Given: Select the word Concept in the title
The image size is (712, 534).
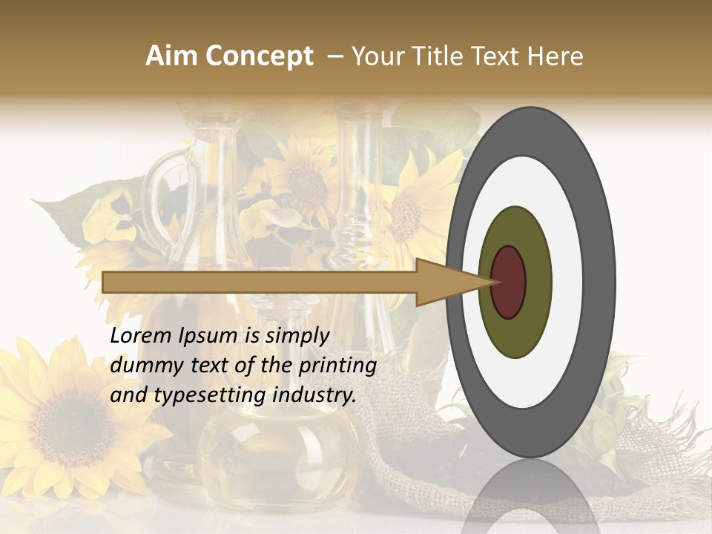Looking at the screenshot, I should [x=260, y=57].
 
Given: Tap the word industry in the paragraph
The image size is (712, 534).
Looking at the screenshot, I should [x=314, y=395].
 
